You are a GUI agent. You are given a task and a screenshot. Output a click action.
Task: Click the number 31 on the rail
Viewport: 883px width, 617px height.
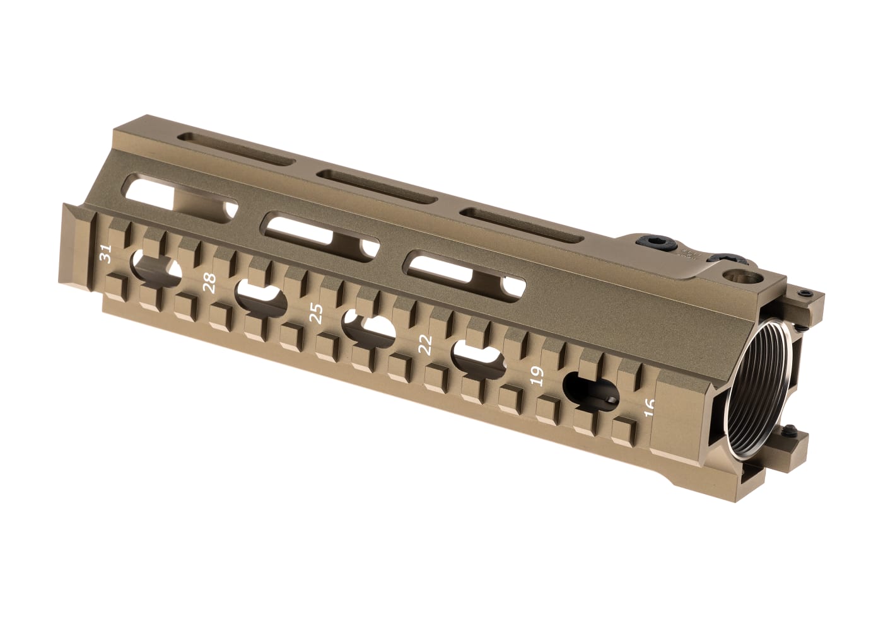(106, 254)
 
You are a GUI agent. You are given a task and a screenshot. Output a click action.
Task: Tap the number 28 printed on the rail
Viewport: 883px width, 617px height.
(210, 283)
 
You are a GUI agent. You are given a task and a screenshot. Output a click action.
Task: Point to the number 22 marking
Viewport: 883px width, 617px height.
(426, 344)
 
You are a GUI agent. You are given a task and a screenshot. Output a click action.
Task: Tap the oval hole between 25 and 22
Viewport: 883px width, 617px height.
(368, 327)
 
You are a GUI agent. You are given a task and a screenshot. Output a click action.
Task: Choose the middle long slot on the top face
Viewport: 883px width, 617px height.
(377, 187)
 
